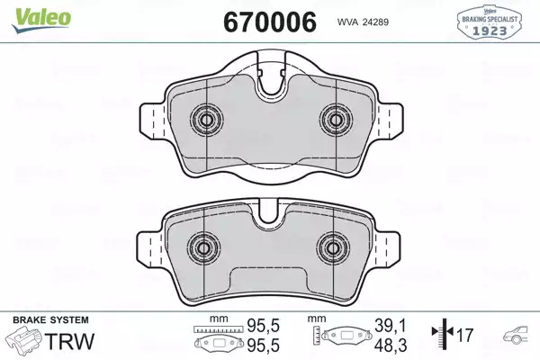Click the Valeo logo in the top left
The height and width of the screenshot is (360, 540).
click(x=41, y=20)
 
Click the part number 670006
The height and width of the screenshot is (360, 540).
click(x=270, y=22)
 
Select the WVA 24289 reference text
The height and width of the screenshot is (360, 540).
click(x=363, y=22)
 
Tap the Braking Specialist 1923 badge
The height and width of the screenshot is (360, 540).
click(x=490, y=21)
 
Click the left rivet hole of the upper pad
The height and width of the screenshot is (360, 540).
click(x=207, y=120)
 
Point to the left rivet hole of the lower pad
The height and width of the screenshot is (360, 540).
click(x=204, y=248)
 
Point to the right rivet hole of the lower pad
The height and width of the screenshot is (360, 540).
click(x=333, y=248)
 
